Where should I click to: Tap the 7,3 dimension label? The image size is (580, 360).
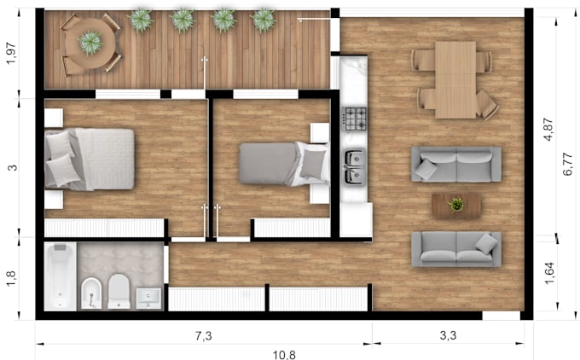[203, 336]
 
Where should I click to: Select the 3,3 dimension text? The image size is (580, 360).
[448, 336]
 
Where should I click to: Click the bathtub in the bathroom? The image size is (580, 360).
[60, 276]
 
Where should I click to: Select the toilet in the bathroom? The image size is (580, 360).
[119, 291]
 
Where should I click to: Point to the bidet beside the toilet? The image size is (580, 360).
[91, 292]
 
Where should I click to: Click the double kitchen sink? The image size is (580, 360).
[354, 166]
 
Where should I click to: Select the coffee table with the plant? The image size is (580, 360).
[456, 205]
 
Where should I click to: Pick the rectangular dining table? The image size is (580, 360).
[455, 79]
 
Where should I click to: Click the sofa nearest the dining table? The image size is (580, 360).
[456, 163]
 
